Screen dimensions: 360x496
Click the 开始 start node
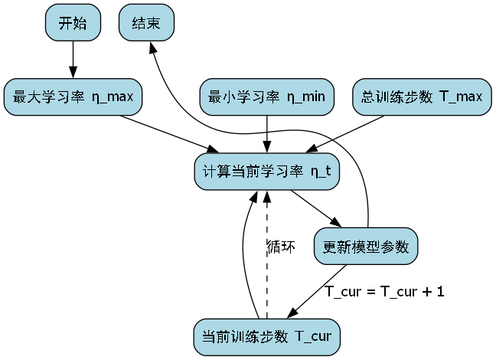click(x=73, y=23)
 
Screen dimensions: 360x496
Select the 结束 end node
click(x=147, y=23)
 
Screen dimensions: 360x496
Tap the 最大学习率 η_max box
click(x=73, y=97)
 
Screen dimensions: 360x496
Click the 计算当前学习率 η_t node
click(x=266, y=172)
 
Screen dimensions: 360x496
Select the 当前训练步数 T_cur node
click(x=266, y=337)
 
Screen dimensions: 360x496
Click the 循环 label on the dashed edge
click(x=281, y=247)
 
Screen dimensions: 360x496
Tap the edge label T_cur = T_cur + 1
click(x=385, y=291)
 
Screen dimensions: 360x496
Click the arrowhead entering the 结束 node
click(x=152, y=47)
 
